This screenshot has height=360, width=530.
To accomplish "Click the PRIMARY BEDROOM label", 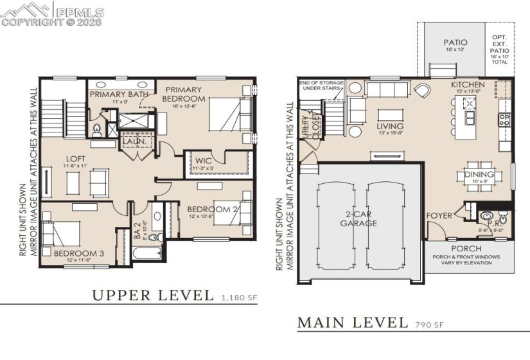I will click(183, 94).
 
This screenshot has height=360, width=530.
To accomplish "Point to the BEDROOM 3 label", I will click(78, 253).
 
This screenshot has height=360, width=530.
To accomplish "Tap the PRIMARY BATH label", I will click(119, 94).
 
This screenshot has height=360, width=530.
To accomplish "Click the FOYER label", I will click(440, 216).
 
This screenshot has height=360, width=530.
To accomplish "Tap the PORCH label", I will click(466, 248).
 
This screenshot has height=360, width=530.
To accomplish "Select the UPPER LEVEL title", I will click(153, 295).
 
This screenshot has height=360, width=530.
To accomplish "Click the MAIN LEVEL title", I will click(352, 322).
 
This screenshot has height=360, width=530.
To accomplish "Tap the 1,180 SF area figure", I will click(239, 298).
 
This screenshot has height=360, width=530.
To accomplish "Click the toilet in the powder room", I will click(488, 215).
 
